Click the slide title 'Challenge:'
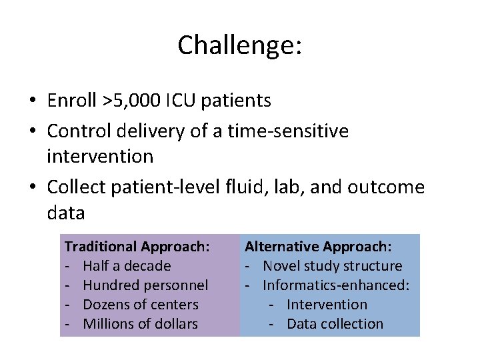[x=240, y=45]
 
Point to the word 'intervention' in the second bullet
[x=100, y=157]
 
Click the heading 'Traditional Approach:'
[x=137, y=247]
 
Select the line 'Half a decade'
[x=127, y=266]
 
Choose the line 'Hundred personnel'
[x=145, y=285]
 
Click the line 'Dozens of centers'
[x=141, y=305]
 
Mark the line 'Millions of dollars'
[x=140, y=324]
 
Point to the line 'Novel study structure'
[x=332, y=266]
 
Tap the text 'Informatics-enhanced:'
[x=336, y=285]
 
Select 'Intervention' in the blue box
[x=327, y=305]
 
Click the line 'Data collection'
[x=335, y=324]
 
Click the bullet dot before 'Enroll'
[x=32, y=101]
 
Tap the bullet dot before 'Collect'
[x=32, y=188]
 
